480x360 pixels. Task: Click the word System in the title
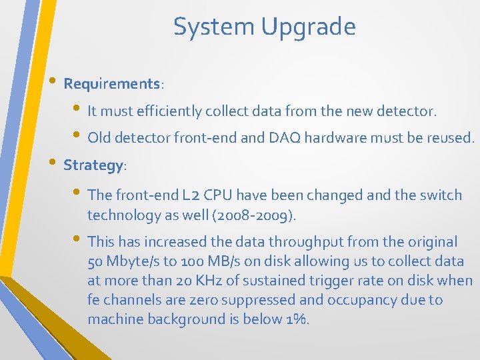pyautogui.click(x=214, y=27)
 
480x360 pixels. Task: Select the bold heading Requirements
pyautogui.click(x=112, y=84)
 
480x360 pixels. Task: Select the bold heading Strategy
pyautogui.click(x=93, y=165)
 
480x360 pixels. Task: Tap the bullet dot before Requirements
pyautogui.click(x=54, y=83)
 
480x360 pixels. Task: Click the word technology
pyautogui.click(x=120, y=215)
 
